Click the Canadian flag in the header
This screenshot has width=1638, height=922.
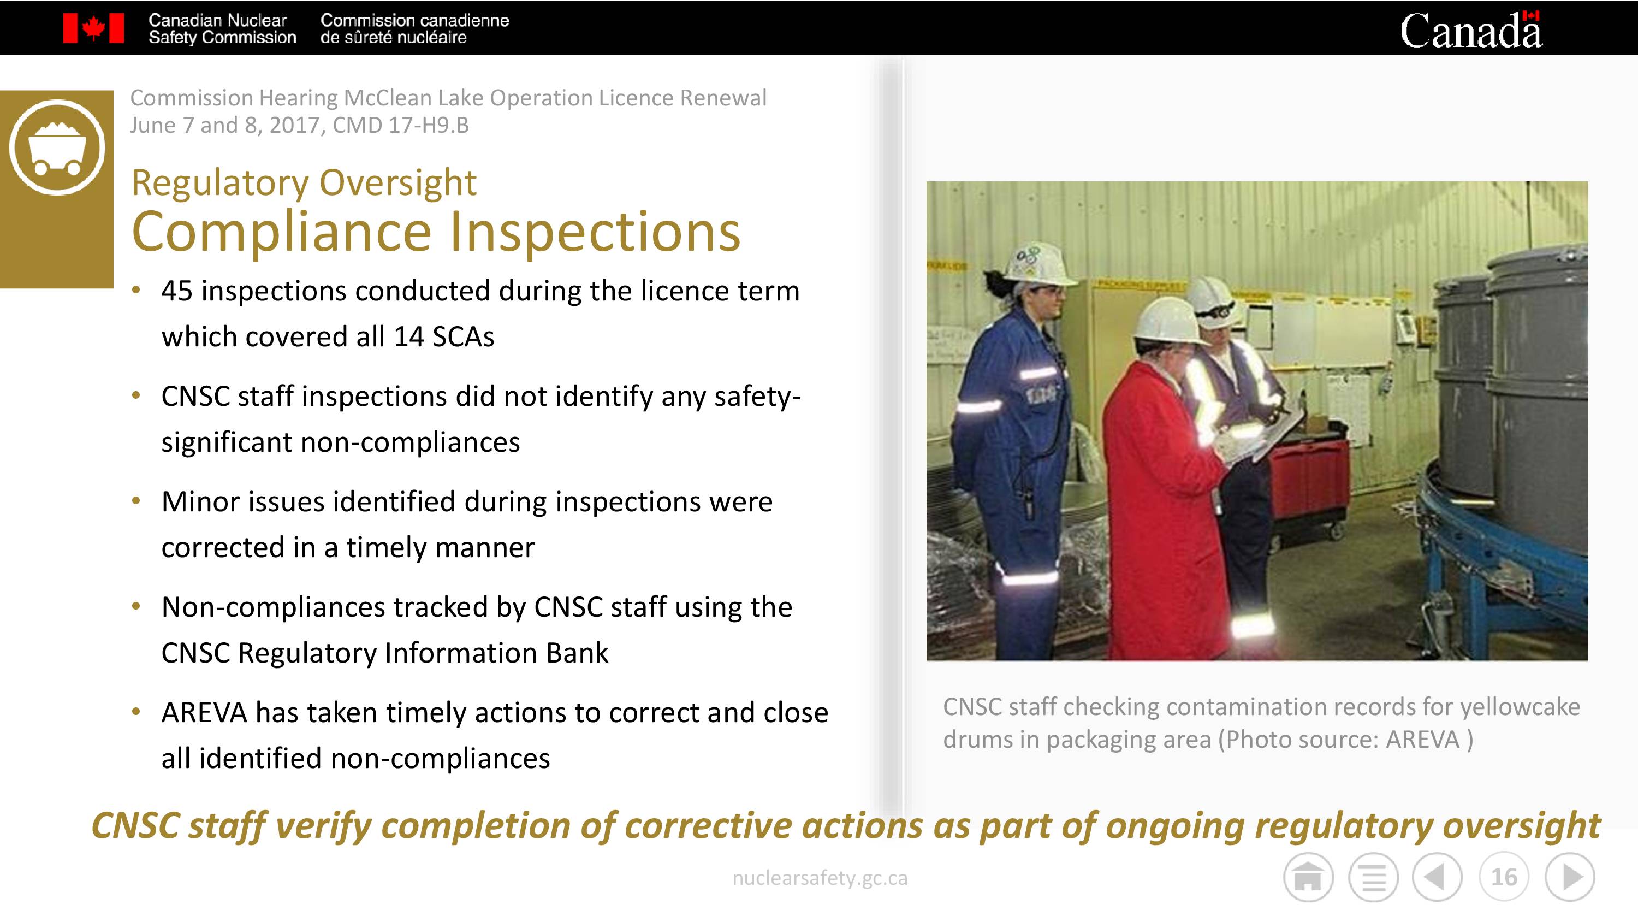pos(93,28)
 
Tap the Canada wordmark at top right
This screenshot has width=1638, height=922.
pos(1471,30)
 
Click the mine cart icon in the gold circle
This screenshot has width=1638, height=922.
pos(57,147)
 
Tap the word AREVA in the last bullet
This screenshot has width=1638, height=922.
pos(204,712)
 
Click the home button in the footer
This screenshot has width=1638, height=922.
pos(1308,877)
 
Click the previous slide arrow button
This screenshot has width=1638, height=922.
pos(1437,877)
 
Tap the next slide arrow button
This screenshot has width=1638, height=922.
pos(1570,877)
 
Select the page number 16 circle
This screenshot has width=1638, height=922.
pos(1504,877)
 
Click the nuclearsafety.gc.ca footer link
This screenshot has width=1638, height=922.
pos(820,878)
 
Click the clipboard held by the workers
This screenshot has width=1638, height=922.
pos(1266,438)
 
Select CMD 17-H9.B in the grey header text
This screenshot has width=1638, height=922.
pos(401,125)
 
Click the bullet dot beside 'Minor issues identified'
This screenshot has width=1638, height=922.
pos(135,501)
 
